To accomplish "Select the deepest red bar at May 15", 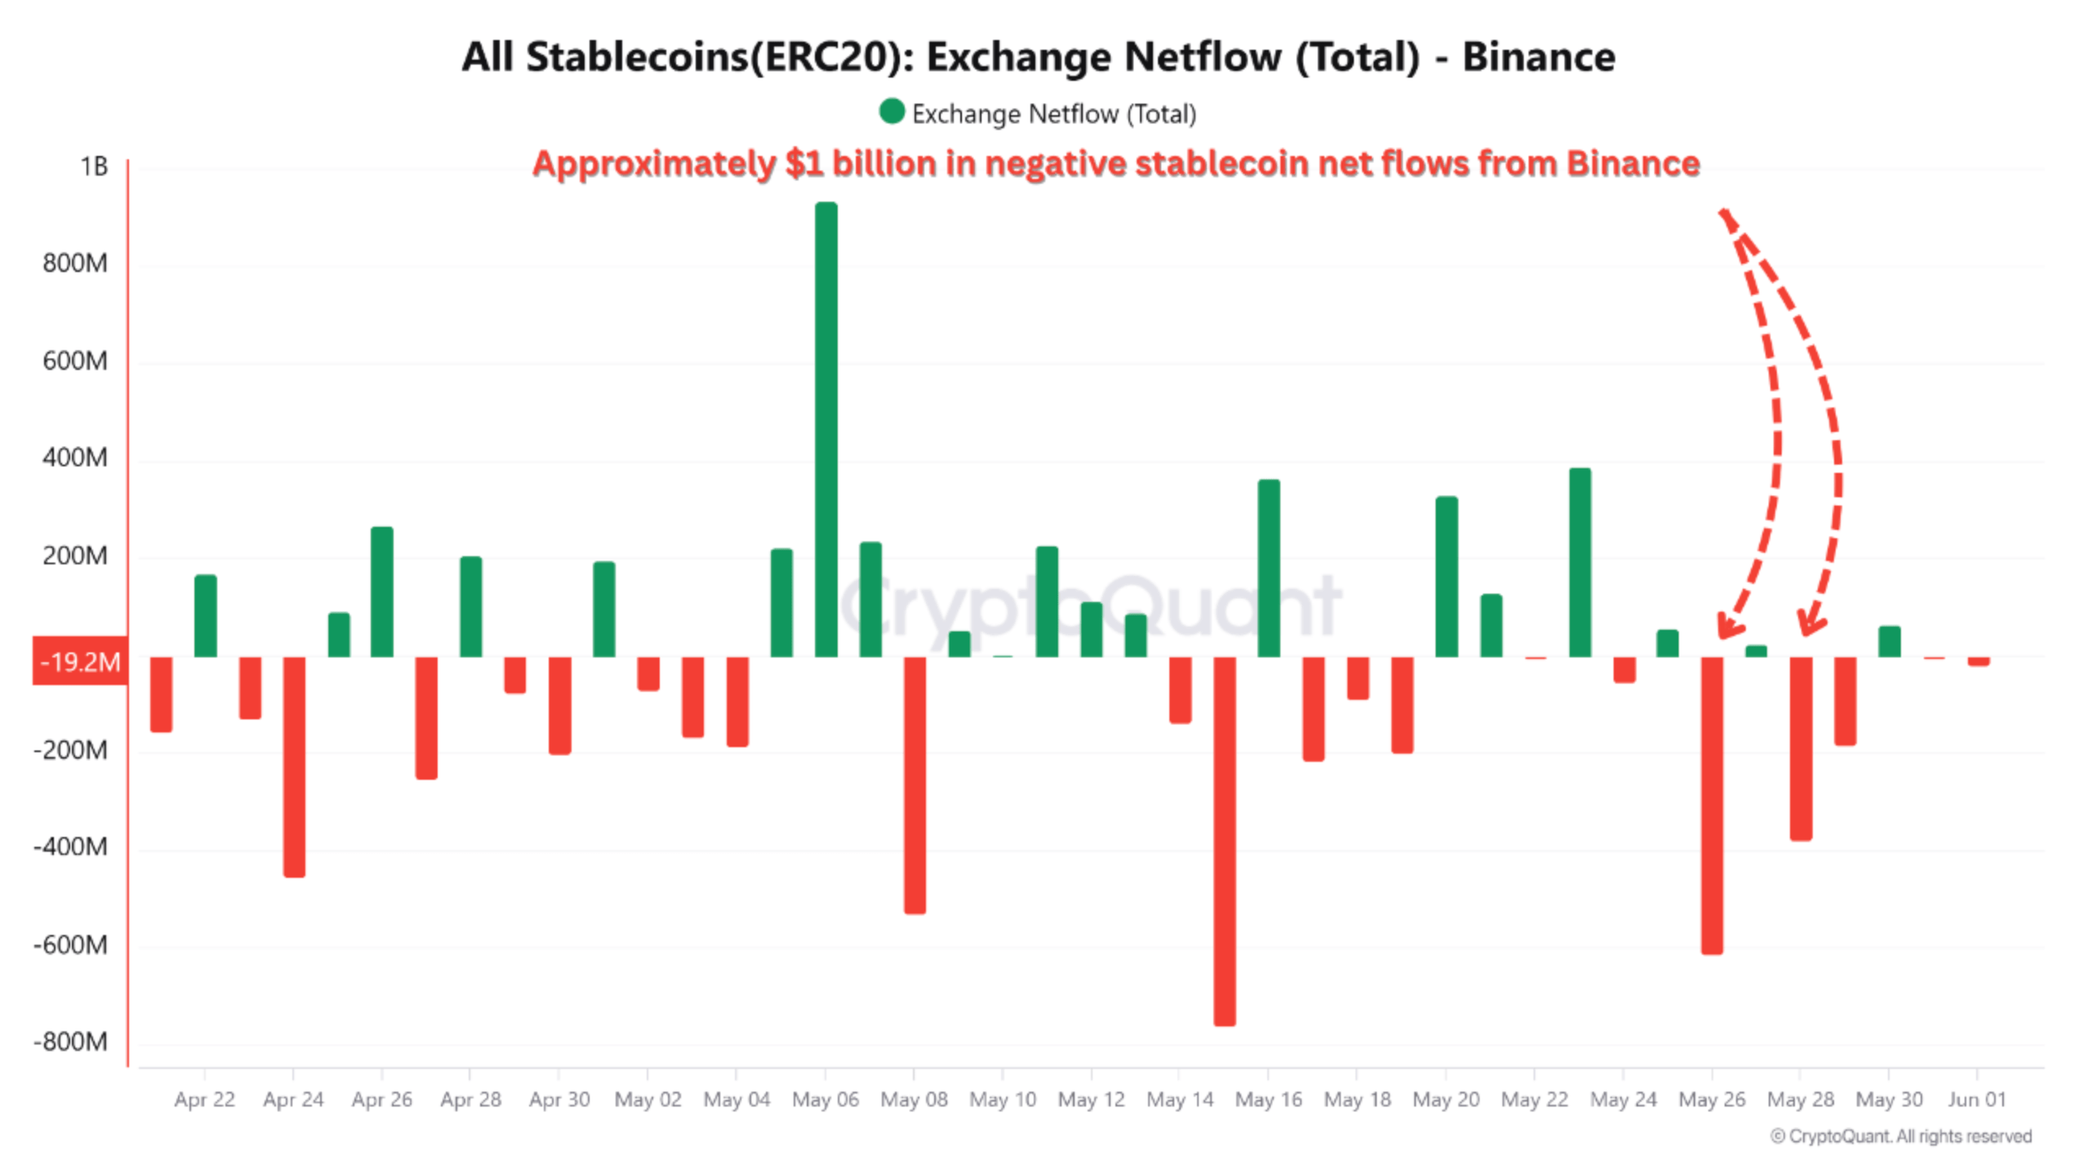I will [1224, 841].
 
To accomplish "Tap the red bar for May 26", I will [1712, 804].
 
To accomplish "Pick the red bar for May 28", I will [1801, 748].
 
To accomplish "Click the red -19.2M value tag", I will [80, 661].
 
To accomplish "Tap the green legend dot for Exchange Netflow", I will [892, 112].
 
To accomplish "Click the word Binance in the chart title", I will [1538, 57].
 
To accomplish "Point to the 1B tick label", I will [94, 167].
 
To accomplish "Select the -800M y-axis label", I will [71, 1041].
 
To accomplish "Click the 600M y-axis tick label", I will [75, 361].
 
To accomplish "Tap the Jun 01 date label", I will [1976, 1099].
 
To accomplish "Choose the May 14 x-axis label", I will [1179, 1099].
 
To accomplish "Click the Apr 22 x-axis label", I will [204, 1099].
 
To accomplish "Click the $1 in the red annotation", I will [804, 163].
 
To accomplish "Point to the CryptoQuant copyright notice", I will [1900, 1136].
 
